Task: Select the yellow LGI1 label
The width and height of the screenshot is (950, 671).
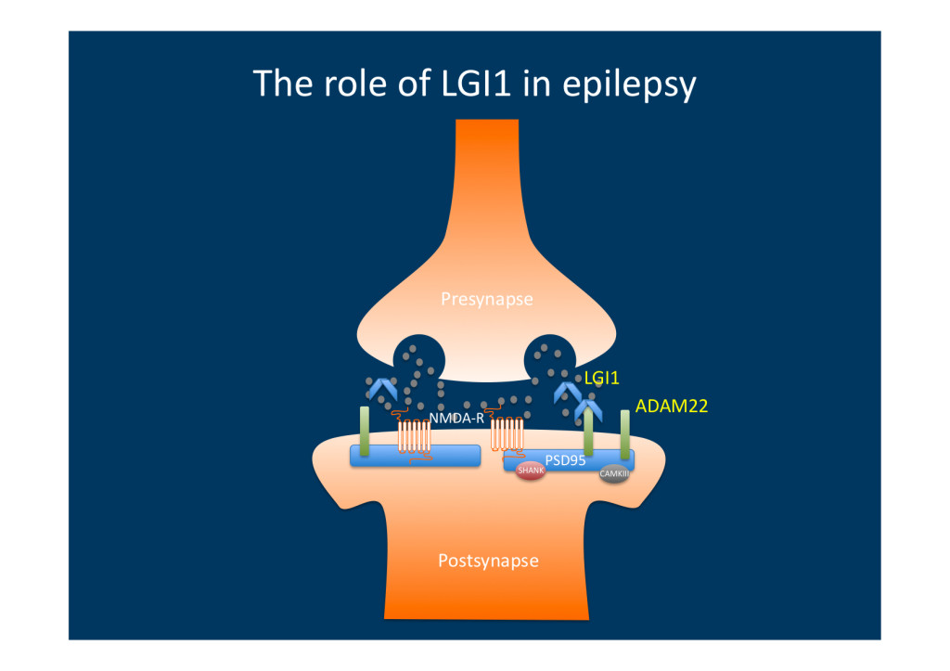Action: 601,379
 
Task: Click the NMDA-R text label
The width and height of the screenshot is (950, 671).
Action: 456,419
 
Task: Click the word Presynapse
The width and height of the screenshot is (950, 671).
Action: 487,300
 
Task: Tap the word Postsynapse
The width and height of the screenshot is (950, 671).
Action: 488,561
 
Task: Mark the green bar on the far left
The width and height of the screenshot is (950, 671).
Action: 365,431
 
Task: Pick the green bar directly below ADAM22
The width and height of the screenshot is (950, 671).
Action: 625,434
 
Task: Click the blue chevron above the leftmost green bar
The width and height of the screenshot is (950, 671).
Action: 381,389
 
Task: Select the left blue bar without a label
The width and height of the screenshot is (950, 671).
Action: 415,455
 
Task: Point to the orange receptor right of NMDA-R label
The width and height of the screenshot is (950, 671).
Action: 506,433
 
